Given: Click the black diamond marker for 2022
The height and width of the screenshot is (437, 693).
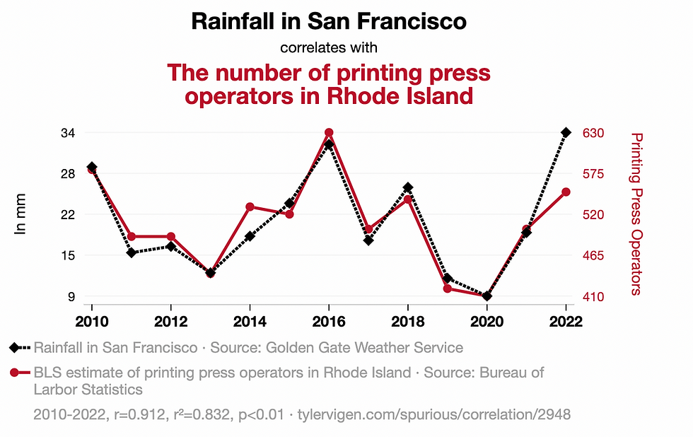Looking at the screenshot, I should [x=566, y=132].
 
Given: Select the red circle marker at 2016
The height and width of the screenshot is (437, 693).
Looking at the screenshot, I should [x=329, y=133].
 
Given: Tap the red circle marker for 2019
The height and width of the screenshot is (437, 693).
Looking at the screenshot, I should [x=448, y=289].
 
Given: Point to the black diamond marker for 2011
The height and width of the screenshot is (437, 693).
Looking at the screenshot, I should [x=132, y=252].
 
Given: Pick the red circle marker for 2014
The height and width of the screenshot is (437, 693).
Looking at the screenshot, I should [x=250, y=206].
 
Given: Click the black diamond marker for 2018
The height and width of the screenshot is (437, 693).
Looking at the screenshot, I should [x=408, y=187].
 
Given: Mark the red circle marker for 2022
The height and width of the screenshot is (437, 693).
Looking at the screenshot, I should [x=566, y=192].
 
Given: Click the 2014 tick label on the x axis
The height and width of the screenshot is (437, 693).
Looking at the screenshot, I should [x=250, y=320].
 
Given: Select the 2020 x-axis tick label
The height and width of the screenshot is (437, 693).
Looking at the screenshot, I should [x=487, y=320].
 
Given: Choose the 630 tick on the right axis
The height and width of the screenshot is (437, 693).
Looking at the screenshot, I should [x=593, y=133].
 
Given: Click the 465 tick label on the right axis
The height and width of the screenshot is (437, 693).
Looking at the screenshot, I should [x=593, y=255].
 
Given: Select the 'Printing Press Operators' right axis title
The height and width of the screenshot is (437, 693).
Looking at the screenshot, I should [x=636, y=214].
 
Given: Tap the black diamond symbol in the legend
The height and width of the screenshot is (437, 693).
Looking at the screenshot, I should [x=15, y=347].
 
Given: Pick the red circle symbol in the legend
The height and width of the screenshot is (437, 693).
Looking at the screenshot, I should [x=15, y=372].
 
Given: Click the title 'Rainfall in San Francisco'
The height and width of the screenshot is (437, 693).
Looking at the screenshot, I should [x=329, y=21].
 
